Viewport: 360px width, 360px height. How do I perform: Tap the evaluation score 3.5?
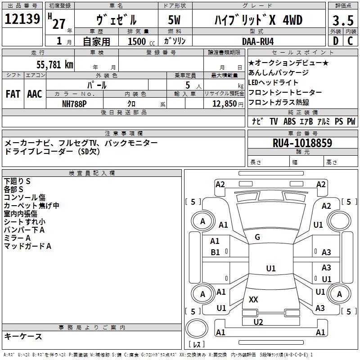pos(343,21)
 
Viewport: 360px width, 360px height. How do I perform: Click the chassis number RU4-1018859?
pos(302,143)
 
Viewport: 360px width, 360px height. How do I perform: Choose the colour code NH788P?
pos(75,103)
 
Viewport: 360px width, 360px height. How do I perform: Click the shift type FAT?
pos(13,94)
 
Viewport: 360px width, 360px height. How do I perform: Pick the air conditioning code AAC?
pos(35,94)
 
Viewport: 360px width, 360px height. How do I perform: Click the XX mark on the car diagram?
pos(253,299)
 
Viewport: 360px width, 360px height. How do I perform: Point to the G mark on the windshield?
pos(257,237)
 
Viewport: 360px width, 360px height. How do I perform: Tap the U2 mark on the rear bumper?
pos(258,322)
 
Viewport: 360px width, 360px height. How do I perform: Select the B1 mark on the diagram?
pos(216,252)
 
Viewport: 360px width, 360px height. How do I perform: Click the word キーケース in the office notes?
pos(23,336)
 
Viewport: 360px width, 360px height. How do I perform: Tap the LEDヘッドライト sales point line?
pos(273,82)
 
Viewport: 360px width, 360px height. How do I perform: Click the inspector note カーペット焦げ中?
pos(31,206)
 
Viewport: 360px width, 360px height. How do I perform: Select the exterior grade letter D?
pos(335,41)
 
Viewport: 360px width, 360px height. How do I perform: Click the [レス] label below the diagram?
pos(197,345)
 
